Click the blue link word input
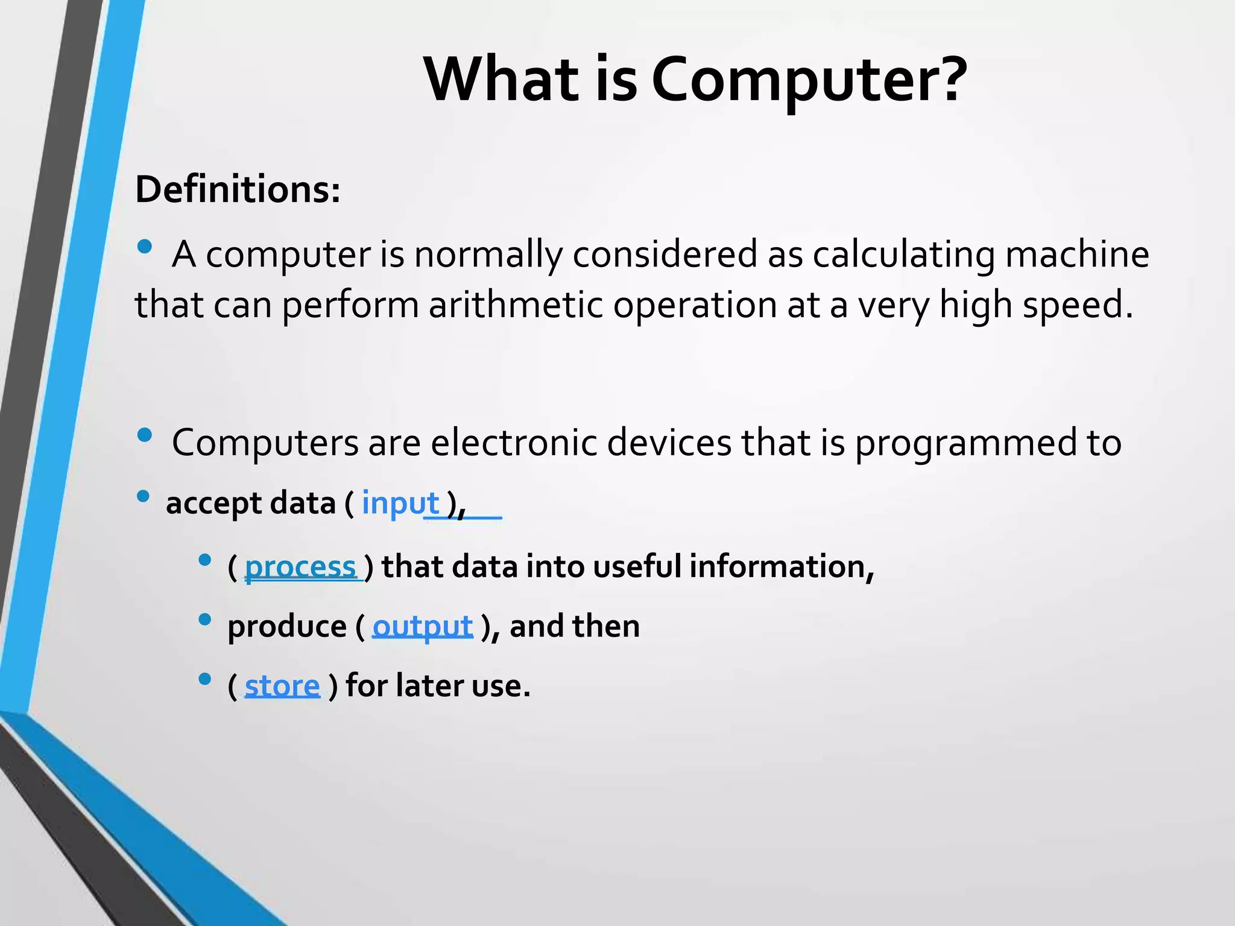(400, 503)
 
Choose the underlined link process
(300, 567)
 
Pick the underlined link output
(422, 626)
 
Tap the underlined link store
(282, 685)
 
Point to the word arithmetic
(516, 304)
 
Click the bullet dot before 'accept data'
(143, 496)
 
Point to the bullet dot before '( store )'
(204, 679)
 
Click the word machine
(1077, 254)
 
